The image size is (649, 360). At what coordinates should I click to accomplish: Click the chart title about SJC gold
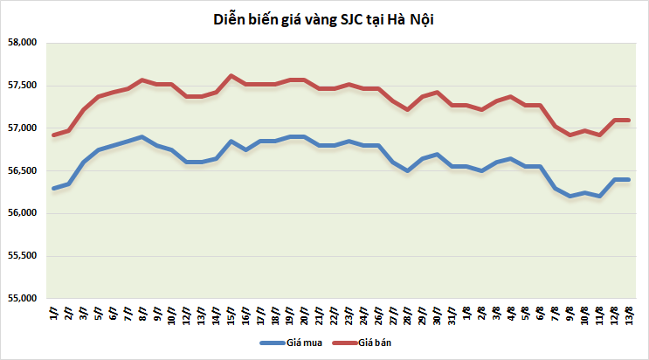(x=324, y=18)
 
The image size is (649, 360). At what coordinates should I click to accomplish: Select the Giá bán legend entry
(x=374, y=343)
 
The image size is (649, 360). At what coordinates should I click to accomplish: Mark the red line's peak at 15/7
(x=231, y=75)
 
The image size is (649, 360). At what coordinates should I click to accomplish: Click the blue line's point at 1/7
(x=54, y=188)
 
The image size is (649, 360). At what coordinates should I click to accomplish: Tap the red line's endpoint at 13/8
(x=628, y=120)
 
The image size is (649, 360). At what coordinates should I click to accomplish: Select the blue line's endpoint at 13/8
(x=628, y=179)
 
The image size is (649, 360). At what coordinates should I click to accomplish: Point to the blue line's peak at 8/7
(x=142, y=136)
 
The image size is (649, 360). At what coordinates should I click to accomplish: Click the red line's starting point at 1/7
(x=54, y=135)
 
